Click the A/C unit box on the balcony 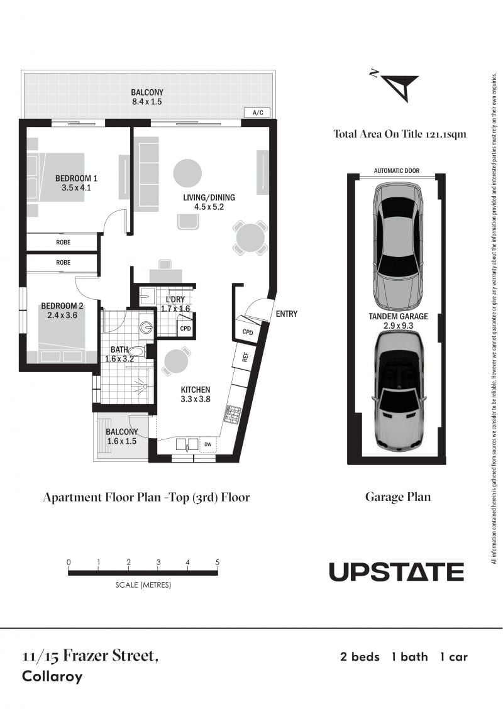point(257,113)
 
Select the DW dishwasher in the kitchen point(207,444)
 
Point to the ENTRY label point(286,314)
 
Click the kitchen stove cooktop point(232,415)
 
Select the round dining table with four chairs point(250,237)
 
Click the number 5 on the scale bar point(217,563)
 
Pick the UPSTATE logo point(396,571)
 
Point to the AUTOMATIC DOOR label point(396,170)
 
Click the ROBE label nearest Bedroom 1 point(64,243)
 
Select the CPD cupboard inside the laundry point(185,328)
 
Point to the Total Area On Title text point(399,134)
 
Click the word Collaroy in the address point(52,676)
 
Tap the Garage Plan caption point(397,497)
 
